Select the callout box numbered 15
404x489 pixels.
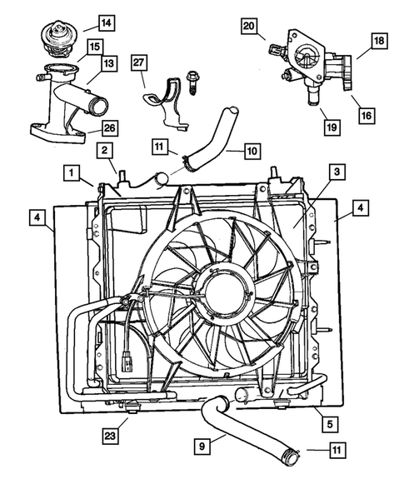[94, 47]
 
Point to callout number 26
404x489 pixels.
[109, 127]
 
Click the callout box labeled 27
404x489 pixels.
[138, 65]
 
